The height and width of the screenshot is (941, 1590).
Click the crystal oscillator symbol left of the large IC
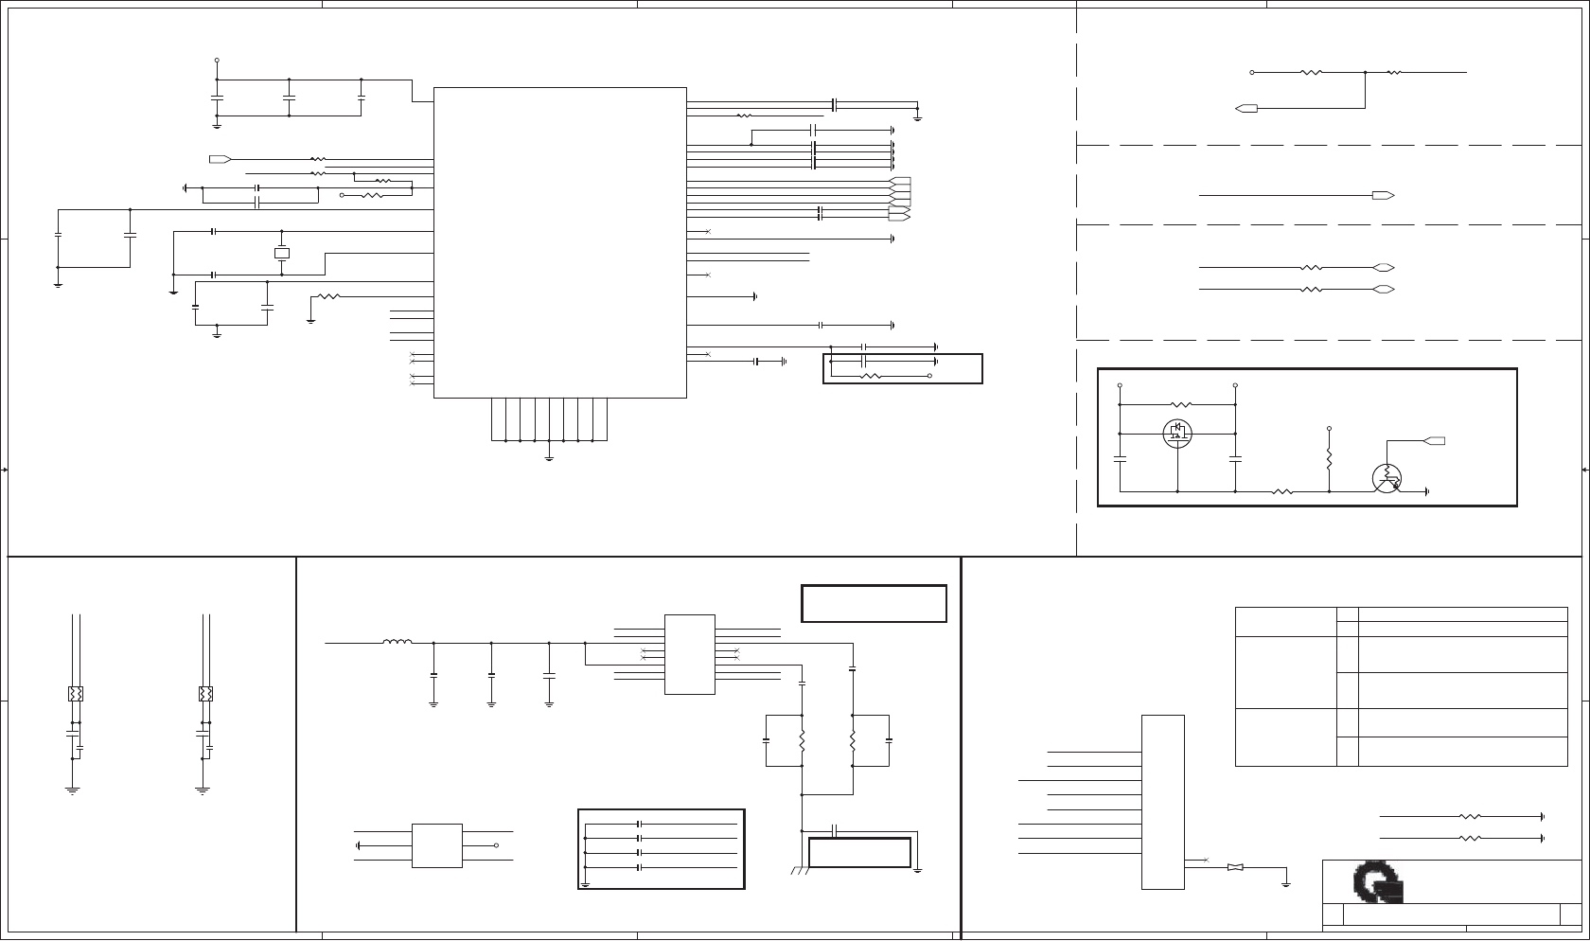point(281,253)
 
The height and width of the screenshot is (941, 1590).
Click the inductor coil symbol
point(397,643)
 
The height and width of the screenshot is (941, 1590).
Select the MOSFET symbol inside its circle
point(1177,434)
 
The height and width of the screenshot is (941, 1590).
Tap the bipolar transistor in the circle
point(1387,479)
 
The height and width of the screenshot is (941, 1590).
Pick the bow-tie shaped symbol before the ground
point(1235,867)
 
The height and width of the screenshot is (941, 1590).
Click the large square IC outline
point(559,242)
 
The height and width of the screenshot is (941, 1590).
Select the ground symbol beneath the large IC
point(550,459)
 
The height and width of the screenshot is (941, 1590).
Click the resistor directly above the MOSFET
point(1177,404)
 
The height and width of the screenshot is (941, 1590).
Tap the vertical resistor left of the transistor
point(1329,460)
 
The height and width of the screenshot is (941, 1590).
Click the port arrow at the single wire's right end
point(1383,195)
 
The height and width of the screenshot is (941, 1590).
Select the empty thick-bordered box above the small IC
point(874,603)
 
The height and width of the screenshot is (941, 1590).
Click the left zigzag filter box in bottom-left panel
point(76,694)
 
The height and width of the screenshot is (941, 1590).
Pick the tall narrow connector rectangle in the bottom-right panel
point(1162,802)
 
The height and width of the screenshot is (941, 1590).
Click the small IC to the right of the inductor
point(689,654)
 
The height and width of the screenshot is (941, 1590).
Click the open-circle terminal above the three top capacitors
point(217,60)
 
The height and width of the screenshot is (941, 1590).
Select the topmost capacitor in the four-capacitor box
point(640,825)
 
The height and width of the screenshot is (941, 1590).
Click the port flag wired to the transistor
point(1435,440)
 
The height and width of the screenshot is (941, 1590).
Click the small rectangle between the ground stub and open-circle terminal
point(436,845)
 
